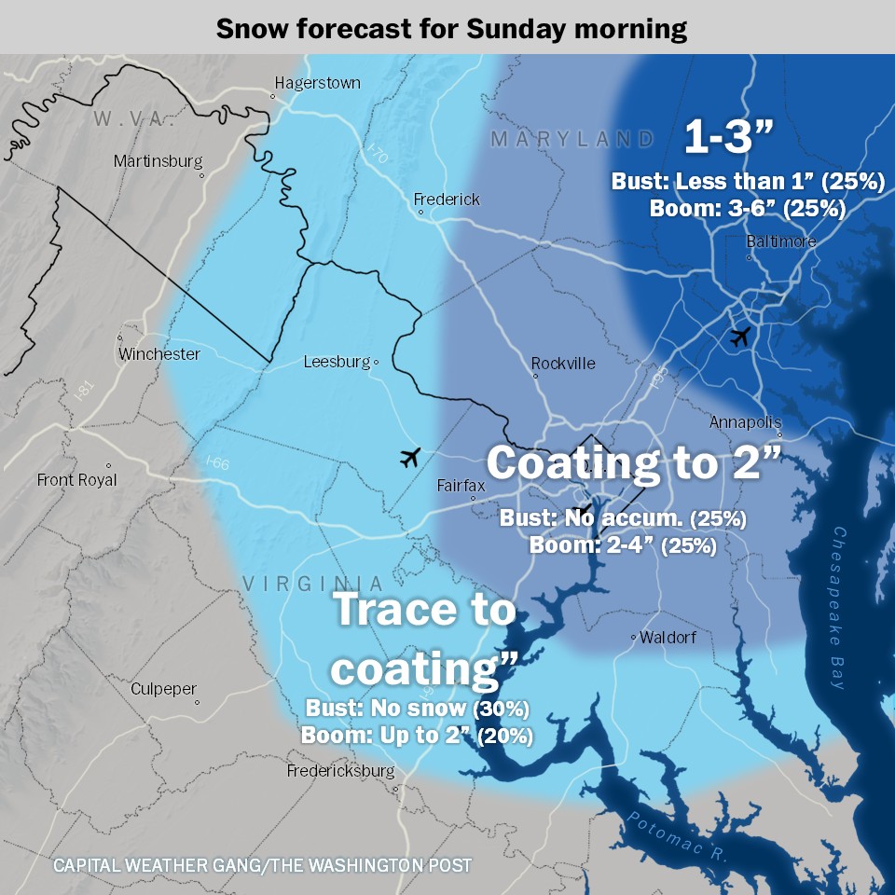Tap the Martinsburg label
click(x=158, y=161)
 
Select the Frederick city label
click(x=447, y=200)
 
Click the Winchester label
click(x=158, y=354)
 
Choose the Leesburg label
click(x=337, y=362)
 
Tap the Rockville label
click(x=563, y=364)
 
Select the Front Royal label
click(x=77, y=480)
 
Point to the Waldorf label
click(x=668, y=638)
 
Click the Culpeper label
click(x=163, y=689)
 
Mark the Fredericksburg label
click(x=340, y=771)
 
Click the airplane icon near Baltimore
click(x=740, y=337)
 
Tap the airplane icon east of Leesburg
click(x=410, y=457)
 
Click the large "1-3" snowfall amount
click(x=729, y=138)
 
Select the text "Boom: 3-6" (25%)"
click(x=747, y=208)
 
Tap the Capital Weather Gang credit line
click(x=262, y=865)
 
